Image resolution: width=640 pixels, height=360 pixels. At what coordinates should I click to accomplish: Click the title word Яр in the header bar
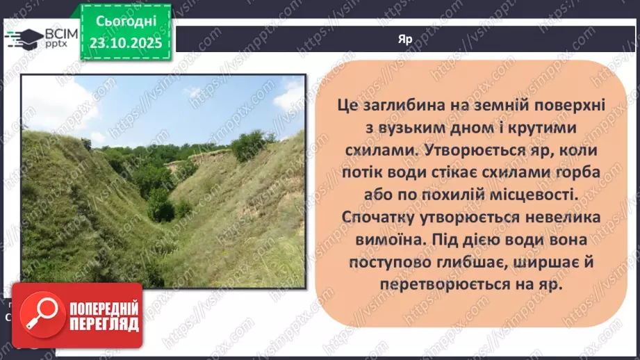point(406,40)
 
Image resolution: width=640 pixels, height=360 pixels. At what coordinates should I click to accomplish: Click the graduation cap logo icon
point(23,38)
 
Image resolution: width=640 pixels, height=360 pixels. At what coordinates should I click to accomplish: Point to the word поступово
point(383,262)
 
